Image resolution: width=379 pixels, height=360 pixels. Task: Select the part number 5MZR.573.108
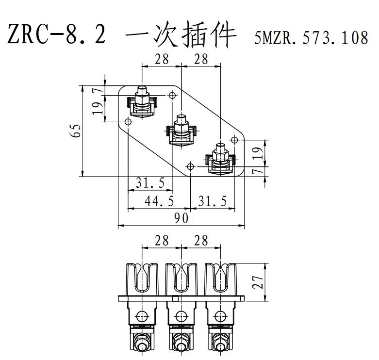click(311, 38)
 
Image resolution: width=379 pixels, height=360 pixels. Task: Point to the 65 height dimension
click(75, 131)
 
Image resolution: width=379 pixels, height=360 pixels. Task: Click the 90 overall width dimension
click(181, 219)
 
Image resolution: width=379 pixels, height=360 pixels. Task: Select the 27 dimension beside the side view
click(259, 281)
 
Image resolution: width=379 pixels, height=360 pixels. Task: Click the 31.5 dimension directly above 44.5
click(149, 183)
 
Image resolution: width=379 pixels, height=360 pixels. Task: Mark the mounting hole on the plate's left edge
click(128, 122)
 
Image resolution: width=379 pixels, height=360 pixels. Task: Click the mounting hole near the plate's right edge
click(234, 140)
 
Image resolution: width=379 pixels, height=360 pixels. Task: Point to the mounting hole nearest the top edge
click(172, 96)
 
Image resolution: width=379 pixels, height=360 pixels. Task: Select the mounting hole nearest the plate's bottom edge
click(191, 167)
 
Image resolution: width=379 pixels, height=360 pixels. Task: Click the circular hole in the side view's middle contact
click(181, 316)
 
